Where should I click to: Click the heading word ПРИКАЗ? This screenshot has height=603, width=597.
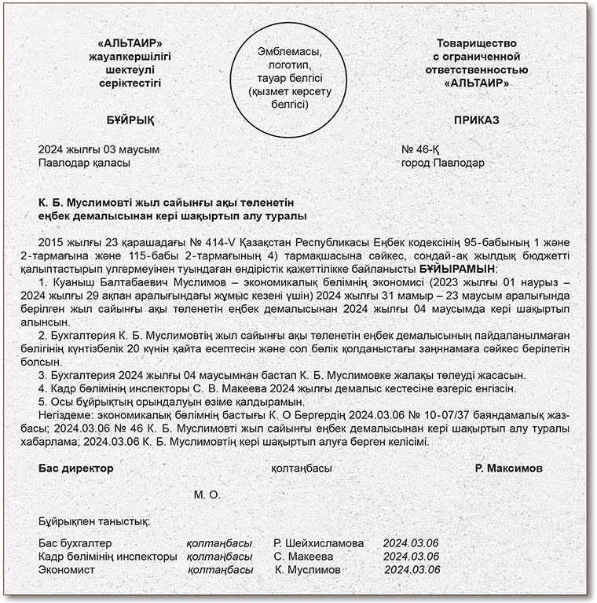point(477,121)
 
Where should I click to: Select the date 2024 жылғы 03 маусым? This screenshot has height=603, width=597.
point(99,149)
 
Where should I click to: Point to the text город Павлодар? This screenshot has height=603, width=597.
point(443,163)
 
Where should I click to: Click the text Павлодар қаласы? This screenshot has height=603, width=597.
point(85,163)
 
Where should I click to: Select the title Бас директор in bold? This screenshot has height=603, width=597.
point(76,468)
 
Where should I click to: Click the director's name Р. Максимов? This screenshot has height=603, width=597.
point(508,468)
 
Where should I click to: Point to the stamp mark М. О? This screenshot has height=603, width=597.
point(207,495)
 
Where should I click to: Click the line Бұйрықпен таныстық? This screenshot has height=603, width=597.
point(94,521)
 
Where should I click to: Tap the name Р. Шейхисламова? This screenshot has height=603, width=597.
point(319,543)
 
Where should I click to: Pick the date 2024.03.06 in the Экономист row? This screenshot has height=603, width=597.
point(412,570)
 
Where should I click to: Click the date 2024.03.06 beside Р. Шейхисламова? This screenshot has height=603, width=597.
point(410,543)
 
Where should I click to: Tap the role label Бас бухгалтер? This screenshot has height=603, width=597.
point(75,543)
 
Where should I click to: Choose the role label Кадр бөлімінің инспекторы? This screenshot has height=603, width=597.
point(108,557)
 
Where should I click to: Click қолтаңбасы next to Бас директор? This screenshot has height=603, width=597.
point(301,468)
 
